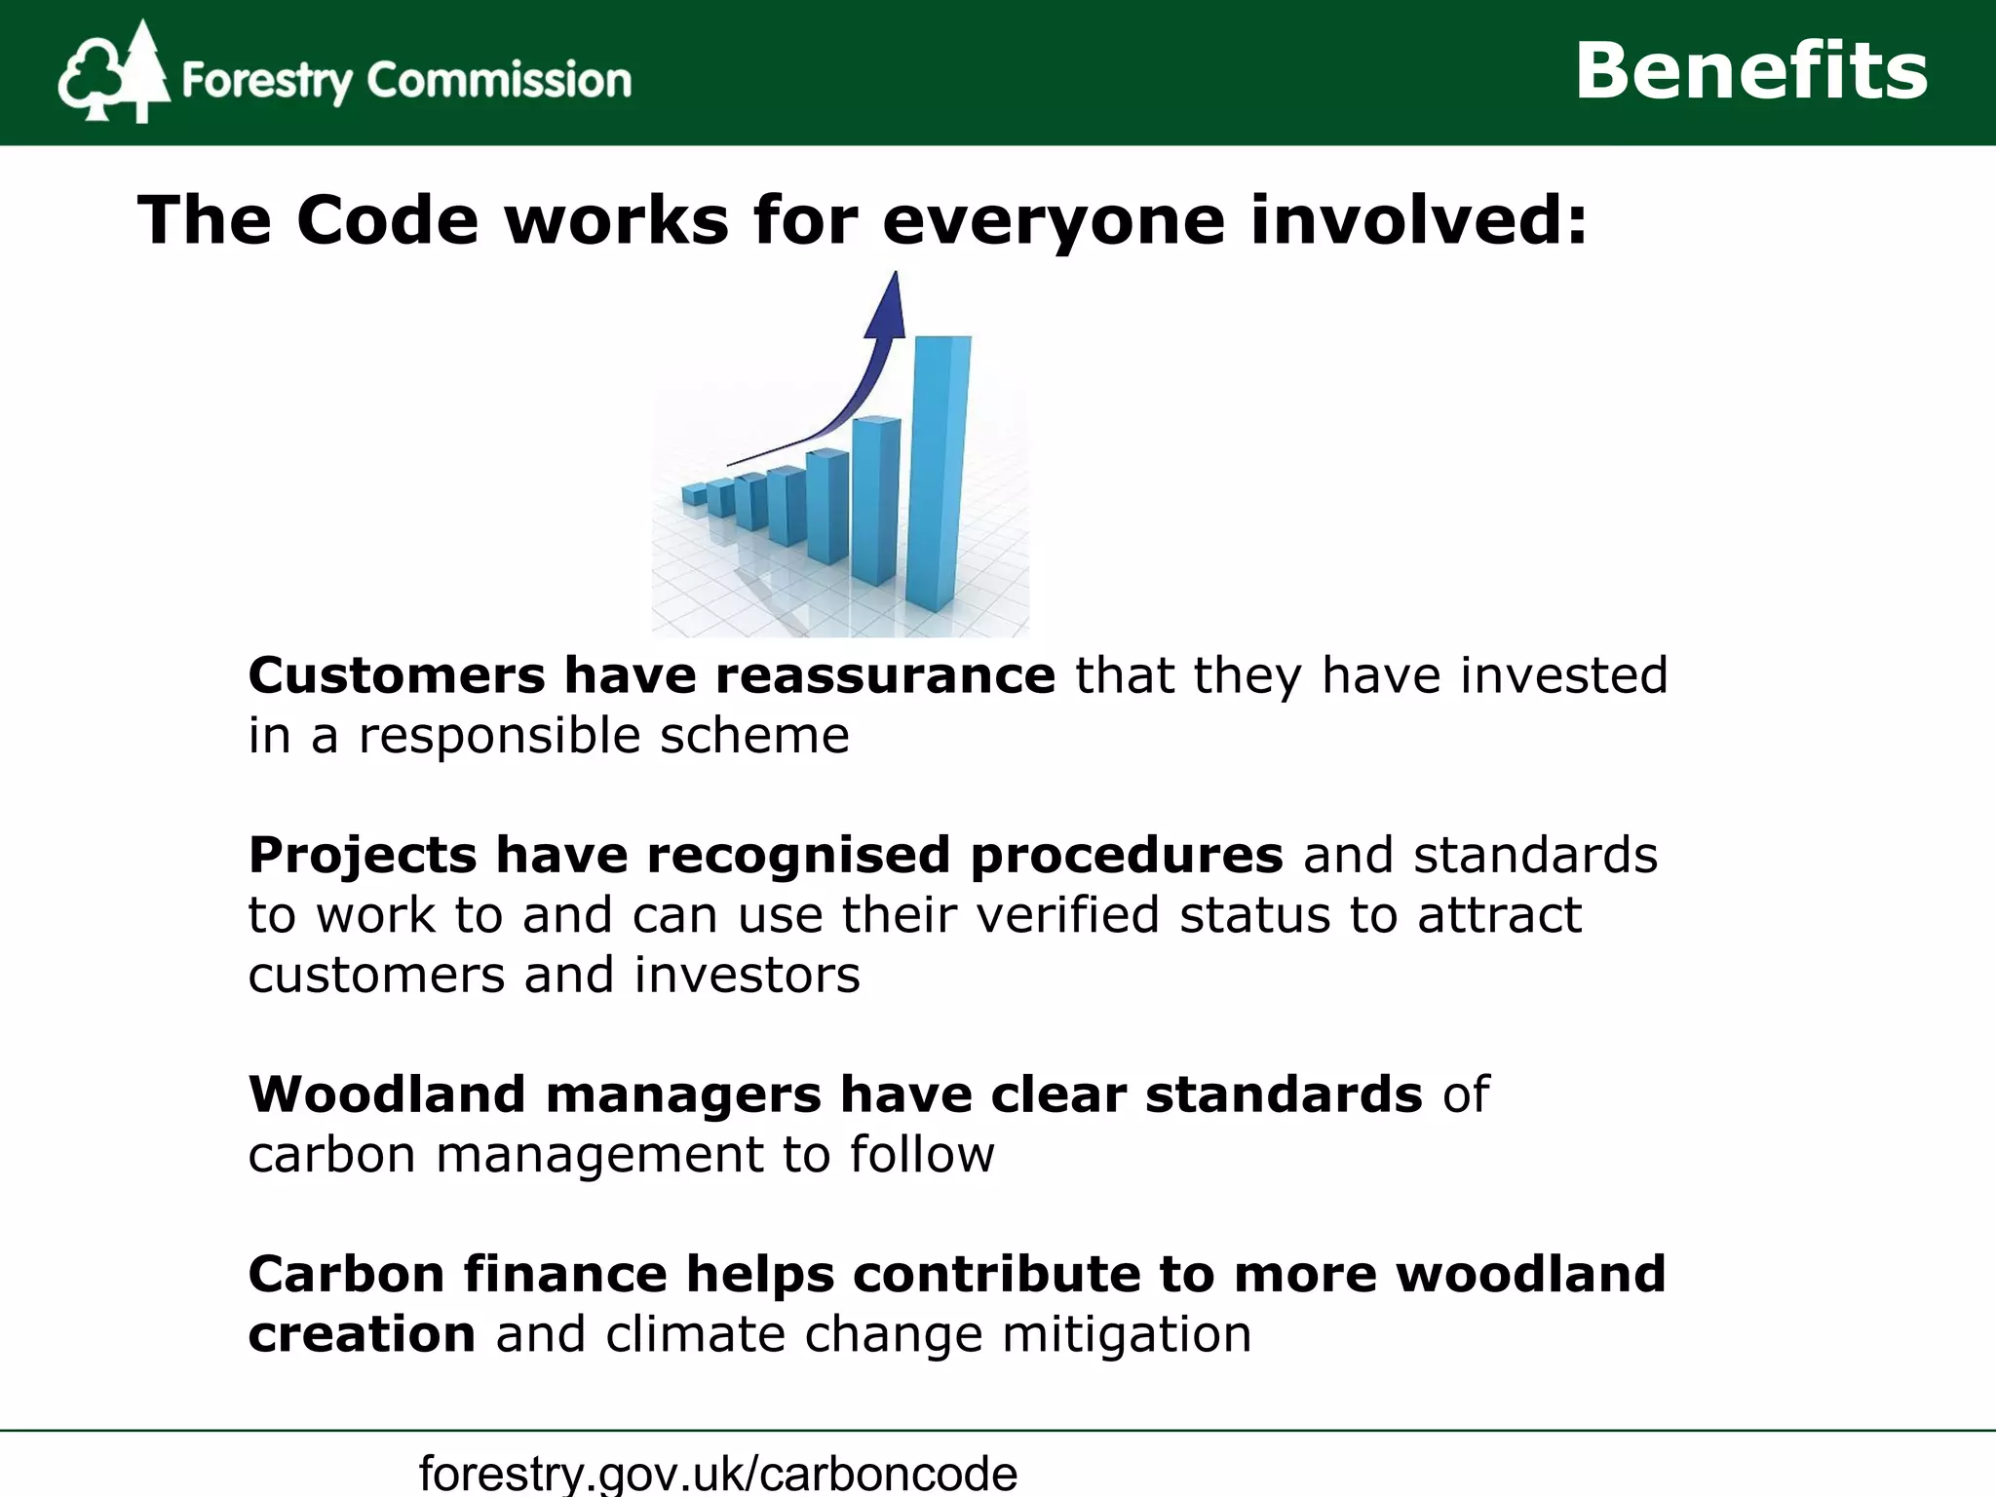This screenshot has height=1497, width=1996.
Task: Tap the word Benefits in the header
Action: pos(1750,71)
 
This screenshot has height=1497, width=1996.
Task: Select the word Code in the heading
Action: pos(387,220)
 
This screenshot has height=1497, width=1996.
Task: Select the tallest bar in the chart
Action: pos(940,473)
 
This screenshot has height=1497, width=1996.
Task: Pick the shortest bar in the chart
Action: pos(694,495)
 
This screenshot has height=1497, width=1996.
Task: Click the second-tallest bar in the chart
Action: pos(875,499)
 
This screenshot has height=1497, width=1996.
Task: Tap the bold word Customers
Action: pos(396,675)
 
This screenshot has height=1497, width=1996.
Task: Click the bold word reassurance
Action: pos(885,675)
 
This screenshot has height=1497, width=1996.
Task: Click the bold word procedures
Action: pos(1127,855)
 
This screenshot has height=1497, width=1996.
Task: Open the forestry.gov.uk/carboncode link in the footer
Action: pos(718,1472)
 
